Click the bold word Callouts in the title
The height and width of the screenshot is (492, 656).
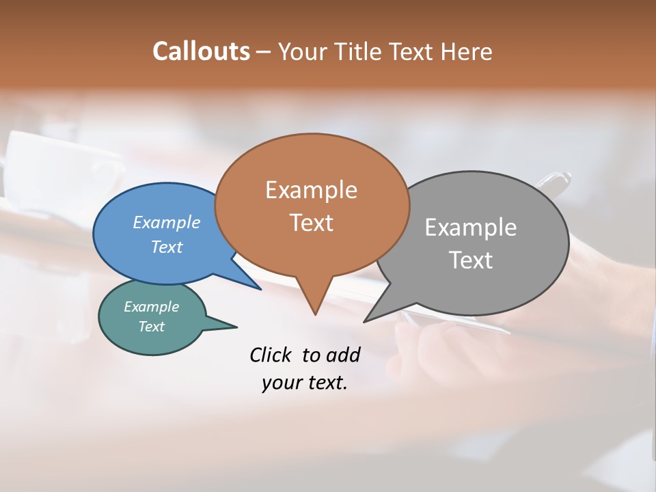coord(201,51)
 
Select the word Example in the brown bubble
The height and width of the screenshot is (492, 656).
coord(311,190)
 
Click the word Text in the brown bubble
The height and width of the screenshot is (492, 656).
coord(311,223)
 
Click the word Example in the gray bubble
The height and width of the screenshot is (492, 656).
coord(470,228)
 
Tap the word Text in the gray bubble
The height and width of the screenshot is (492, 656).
coord(470,260)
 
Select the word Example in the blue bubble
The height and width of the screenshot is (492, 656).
coord(166,222)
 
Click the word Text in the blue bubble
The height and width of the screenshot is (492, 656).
coord(166,247)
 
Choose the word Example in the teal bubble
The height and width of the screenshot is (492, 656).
coord(151,307)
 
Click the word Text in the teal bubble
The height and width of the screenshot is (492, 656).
coord(151,327)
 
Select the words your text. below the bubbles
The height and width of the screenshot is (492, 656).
coord(304,383)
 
